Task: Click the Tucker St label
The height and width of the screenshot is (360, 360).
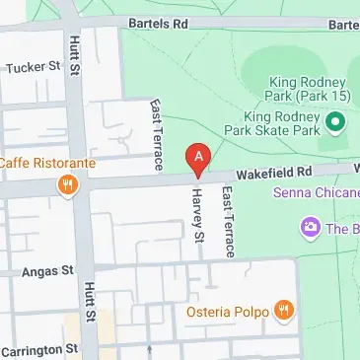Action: pos(34,68)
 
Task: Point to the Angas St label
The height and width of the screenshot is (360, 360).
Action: pos(47,269)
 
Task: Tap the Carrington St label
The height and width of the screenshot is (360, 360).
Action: pos(38,349)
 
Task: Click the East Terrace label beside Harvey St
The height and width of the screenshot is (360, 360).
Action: pos(228,223)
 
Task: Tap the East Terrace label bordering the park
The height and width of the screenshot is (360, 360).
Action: pos(154,133)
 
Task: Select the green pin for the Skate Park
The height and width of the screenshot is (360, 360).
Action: pos(334,122)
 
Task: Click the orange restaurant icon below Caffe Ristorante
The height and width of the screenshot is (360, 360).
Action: pos(67,184)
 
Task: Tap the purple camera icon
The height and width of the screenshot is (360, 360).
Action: pos(311,228)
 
